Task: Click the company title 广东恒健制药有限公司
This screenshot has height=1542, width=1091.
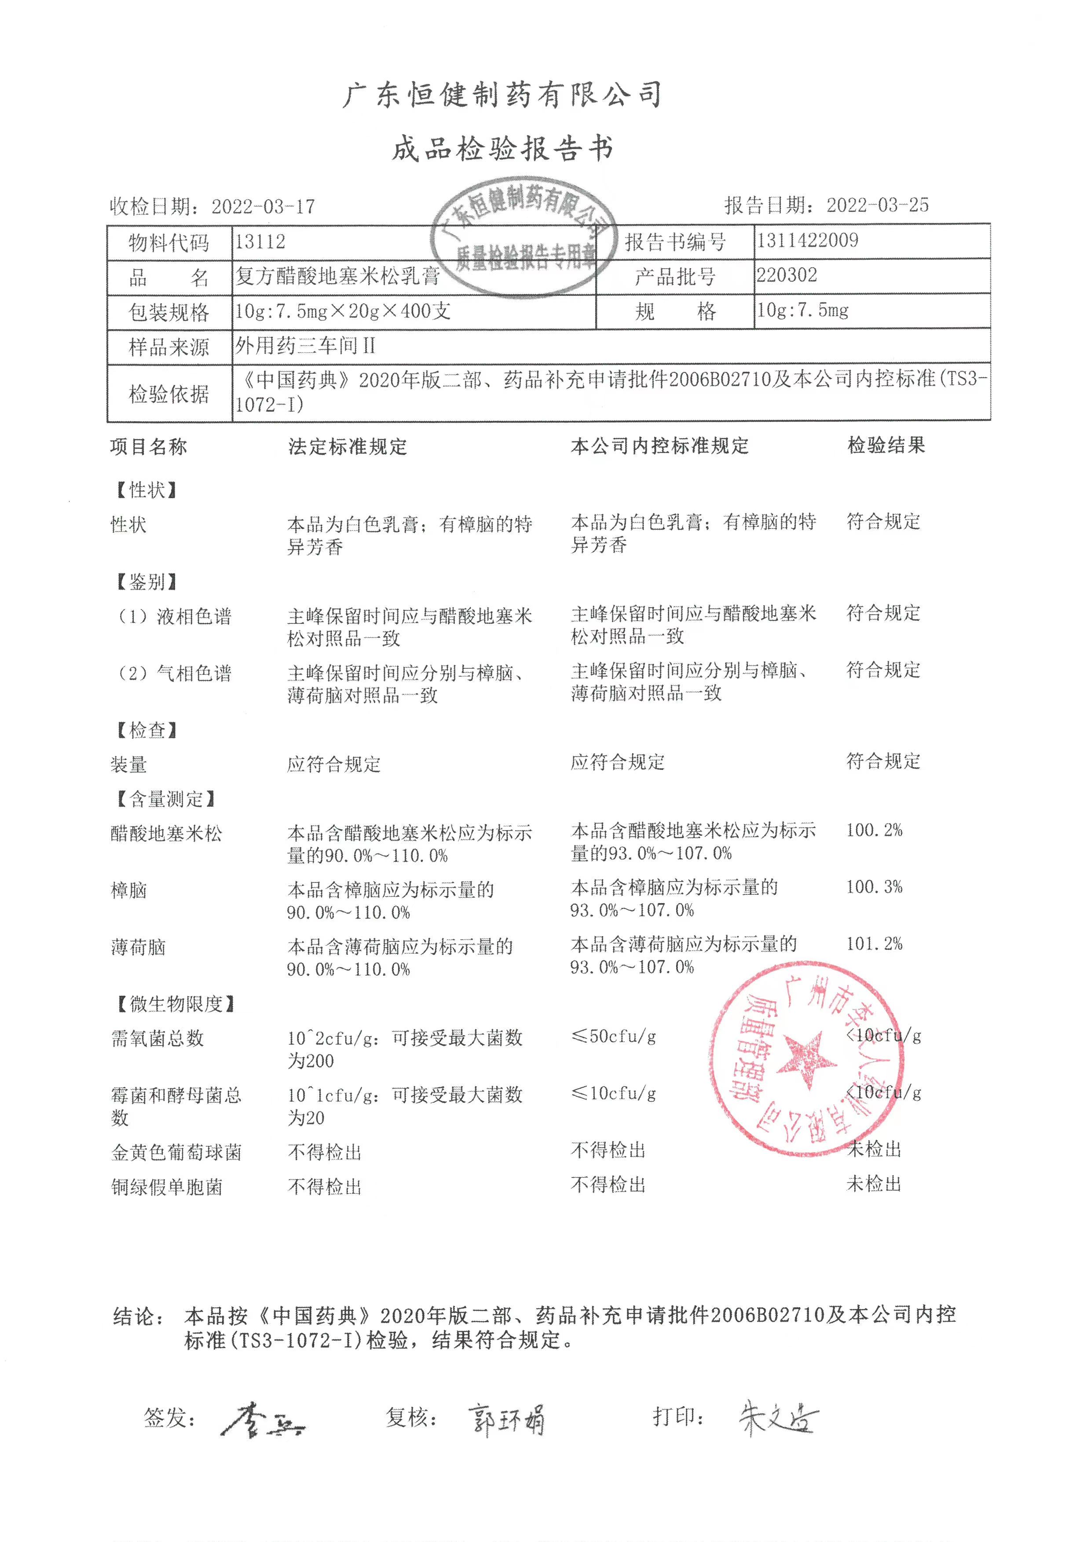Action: (x=502, y=95)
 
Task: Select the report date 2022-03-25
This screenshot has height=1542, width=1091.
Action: (x=877, y=205)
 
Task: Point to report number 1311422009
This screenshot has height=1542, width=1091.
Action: (x=808, y=241)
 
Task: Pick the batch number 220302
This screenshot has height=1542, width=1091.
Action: (x=787, y=275)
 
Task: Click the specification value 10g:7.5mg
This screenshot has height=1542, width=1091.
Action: (x=803, y=310)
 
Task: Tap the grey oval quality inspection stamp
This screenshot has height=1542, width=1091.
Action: (x=524, y=238)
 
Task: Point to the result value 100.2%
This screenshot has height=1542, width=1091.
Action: (x=874, y=830)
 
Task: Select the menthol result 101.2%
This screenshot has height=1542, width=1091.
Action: (x=874, y=944)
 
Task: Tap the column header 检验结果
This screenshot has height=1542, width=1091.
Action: (x=886, y=445)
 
